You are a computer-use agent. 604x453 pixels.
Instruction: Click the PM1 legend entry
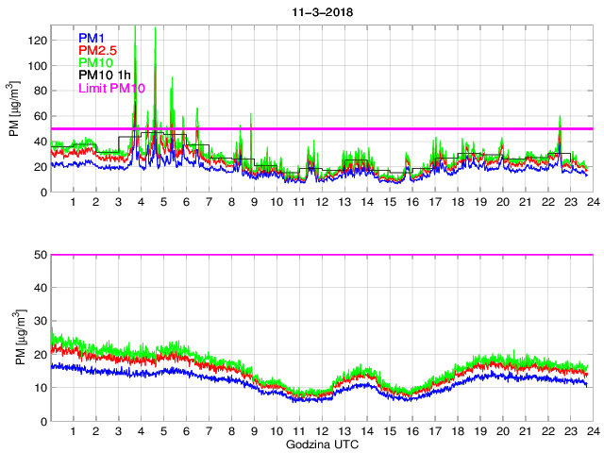click(x=93, y=38)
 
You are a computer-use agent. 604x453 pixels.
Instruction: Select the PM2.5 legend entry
click(x=98, y=50)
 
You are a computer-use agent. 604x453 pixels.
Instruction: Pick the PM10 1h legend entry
click(x=106, y=75)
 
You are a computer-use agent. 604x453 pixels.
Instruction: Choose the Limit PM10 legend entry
click(x=111, y=88)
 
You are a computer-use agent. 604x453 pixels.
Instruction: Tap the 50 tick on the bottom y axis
click(x=41, y=255)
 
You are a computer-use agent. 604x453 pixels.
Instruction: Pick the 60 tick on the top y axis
click(x=41, y=116)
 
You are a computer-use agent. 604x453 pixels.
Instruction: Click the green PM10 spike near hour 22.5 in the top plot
click(x=560, y=119)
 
